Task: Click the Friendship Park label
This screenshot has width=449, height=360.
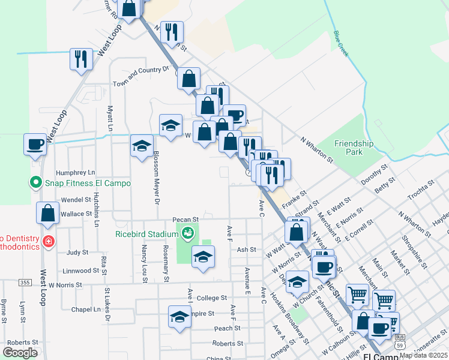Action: tap(354, 148)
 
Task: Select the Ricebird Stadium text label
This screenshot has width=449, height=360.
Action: tap(147, 233)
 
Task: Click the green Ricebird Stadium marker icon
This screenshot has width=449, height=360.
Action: tap(188, 233)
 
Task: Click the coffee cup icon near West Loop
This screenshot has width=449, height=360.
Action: tap(35, 145)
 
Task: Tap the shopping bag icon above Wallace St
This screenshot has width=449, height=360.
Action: tap(47, 213)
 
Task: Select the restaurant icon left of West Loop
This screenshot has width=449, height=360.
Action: tap(81, 59)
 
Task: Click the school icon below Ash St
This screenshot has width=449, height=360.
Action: tap(203, 257)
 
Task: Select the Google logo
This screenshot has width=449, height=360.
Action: tap(20, 353)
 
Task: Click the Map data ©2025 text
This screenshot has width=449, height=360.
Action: tap(423, 355)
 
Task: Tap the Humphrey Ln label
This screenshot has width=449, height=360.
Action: tap(76, 172)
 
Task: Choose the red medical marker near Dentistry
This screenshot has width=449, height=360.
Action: tap(48, 242)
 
